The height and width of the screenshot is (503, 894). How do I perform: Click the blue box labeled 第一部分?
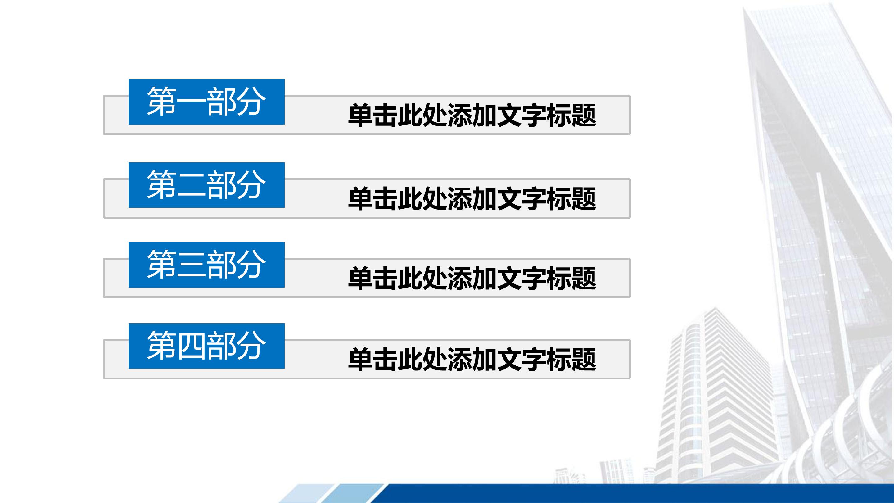click(206, 102)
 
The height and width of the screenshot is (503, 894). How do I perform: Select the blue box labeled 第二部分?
click(206, 185)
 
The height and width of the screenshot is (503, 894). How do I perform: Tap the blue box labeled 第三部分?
click(206, 265)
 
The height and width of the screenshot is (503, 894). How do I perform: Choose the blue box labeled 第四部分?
click(206, 346)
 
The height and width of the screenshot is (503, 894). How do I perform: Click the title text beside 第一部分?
click(472, 116)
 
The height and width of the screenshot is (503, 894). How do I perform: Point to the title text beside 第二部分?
click(472, 199)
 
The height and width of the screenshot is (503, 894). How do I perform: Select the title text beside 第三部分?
click(472, 279)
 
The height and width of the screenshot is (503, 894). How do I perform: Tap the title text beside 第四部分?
click(472, 360)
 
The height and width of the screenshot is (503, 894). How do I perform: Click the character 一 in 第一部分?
click(191, 102)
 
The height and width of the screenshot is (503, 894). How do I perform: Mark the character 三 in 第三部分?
click(191, 265)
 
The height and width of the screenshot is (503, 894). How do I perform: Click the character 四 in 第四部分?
click(191, 346)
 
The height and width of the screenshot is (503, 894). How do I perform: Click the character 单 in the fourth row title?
click(361, 360)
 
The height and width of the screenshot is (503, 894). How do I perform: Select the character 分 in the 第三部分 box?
click(251, 265)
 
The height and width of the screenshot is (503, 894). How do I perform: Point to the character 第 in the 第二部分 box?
click(161, 185)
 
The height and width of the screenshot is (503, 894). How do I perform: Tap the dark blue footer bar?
click(625, 493)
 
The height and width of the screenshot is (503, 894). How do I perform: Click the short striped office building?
click(715, 399)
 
